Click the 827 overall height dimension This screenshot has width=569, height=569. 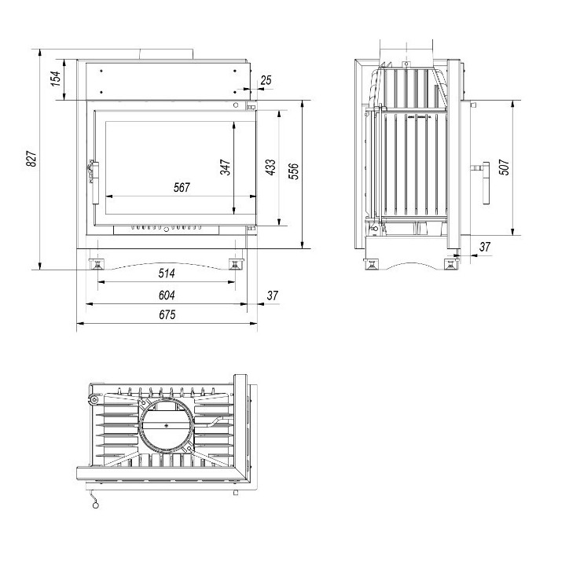pos(31,160)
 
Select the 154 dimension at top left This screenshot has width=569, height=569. pos(56,79)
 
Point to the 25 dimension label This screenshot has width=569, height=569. pos(266,80)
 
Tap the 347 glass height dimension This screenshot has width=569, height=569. pos(226,167)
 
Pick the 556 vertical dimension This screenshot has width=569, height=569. pos(294,171)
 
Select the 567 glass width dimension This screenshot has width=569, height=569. pos(182,188)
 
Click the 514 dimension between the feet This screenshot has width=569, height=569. pos(166,273)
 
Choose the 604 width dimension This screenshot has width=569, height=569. pos(166,295)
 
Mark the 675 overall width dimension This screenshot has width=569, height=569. pos(166,314)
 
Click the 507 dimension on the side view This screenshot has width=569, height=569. pos(504,167)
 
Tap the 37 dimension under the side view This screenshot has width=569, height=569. pos(484,247)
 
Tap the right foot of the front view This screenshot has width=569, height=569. pos(235,262)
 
